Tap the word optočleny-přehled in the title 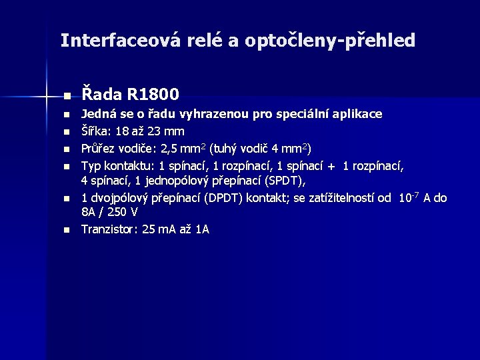click(x=330, y=41)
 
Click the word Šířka click(x=95, y=131)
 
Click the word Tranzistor click(x=109, y=229)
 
